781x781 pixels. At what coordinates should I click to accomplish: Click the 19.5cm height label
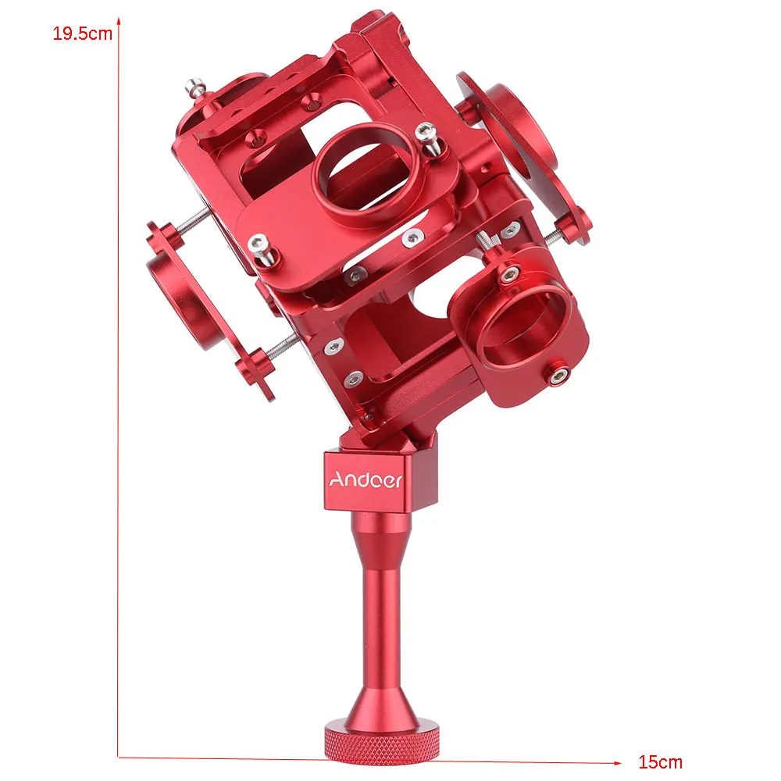(x=83, y=34)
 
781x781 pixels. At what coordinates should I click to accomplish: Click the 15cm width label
(x=661, y=761)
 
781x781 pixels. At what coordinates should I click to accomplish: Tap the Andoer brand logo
(x=366, y=480)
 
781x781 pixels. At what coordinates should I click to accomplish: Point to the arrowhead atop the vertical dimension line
(x=119, y=21)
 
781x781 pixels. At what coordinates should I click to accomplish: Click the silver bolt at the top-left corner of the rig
(x=196, y=88)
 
